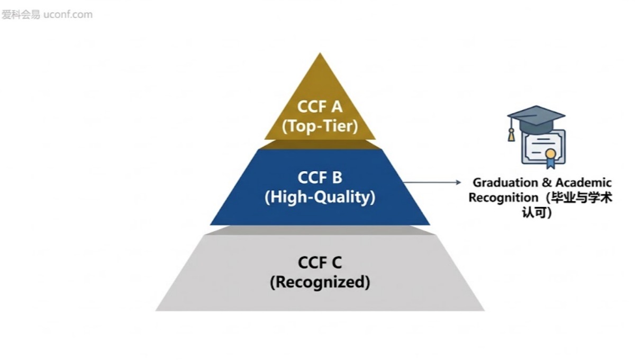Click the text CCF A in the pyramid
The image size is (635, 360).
point(320,106)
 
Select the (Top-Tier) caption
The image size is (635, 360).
point(320,126)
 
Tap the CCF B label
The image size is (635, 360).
point(320,177)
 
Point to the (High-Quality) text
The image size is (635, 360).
point(320,197)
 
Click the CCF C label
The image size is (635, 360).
point(320,263)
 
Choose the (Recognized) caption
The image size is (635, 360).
point(320,282)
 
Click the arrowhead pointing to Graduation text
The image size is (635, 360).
point(458,182)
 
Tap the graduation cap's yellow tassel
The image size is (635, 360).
point(511,135)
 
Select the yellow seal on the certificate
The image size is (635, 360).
point(550,154)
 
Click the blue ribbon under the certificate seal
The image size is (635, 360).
point(550,163)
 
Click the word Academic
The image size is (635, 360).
point(583,183)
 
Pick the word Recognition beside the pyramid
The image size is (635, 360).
point(503,197)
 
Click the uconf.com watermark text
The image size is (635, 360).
point(68,14)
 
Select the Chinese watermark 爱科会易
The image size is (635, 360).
point(21,14)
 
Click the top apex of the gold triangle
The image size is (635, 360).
point(320,53)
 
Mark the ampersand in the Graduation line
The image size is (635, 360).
point(547,183)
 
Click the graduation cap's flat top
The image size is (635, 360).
point(536,115)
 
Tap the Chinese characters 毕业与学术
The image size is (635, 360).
point(579,197)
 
